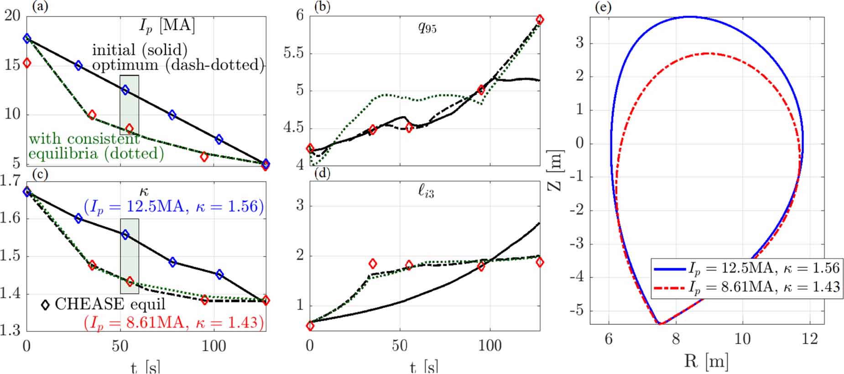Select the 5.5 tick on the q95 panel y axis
pos(293,53)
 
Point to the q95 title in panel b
pos(427,27)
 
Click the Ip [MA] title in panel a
pos(167,26)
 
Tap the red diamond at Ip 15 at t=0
pos(27,63)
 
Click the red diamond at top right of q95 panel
pos(540,19)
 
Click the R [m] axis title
pos(706,361)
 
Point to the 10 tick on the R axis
pos(742,339)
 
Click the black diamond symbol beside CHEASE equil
pos(45,305)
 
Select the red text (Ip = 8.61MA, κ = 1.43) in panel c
pos(174,322)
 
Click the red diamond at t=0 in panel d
pos(310,326)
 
